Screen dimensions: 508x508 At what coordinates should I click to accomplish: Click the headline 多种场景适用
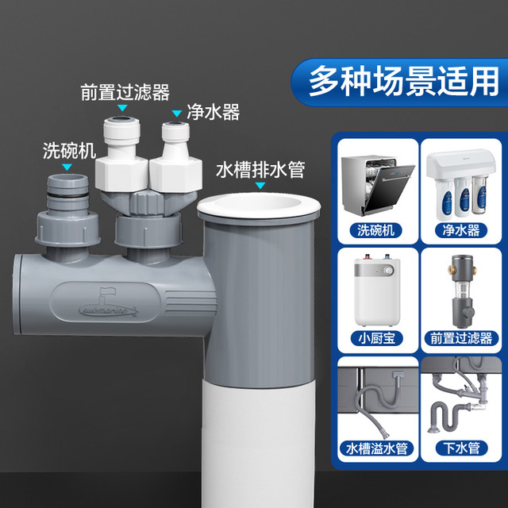pyautogui.click(x=404, y=81)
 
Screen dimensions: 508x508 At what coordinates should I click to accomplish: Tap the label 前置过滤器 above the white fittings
pyautogui.click(x=125, y=92)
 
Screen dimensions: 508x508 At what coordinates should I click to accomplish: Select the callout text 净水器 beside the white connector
pyautogui.click(x=214, y=113)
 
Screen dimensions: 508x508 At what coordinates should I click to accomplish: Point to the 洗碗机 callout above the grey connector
pyautogui.click(x=69, y=151)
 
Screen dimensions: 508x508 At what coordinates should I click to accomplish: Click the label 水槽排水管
pyautogui.click(x=260, y=169)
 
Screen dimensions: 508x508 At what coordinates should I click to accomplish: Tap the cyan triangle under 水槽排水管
pyautogui.click(x=260, y=185)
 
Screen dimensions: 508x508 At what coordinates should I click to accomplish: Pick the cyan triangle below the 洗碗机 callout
pyautogui.click(x=67, y=167)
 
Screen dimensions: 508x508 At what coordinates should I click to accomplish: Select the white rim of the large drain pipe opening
pyautogui.click(x=259, y=206)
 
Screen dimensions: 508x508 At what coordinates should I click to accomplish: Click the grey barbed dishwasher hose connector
pyautogui.click(x=67, y=192)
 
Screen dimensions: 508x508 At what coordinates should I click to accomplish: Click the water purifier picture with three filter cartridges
pyautogui.click(x=461, y=183)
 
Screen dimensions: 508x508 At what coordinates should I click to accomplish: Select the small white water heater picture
pyautogui.click(x=378, y=290)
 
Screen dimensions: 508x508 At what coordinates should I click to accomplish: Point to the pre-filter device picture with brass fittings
pyautogui.click(x=463, y=291)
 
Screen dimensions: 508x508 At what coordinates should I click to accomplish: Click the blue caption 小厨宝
pyautogui.click(x=377, y=338)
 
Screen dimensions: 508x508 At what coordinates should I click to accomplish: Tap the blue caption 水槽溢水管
pyautogui.click(x=377, y=448)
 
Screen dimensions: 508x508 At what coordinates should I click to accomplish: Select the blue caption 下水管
pyautogui.click(x=461, y=448)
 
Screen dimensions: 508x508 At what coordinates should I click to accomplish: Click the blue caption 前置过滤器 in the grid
pyautogui.click(x=461, y=338)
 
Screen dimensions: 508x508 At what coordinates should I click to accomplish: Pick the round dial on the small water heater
pyautogui.click(x=388, y=270)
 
